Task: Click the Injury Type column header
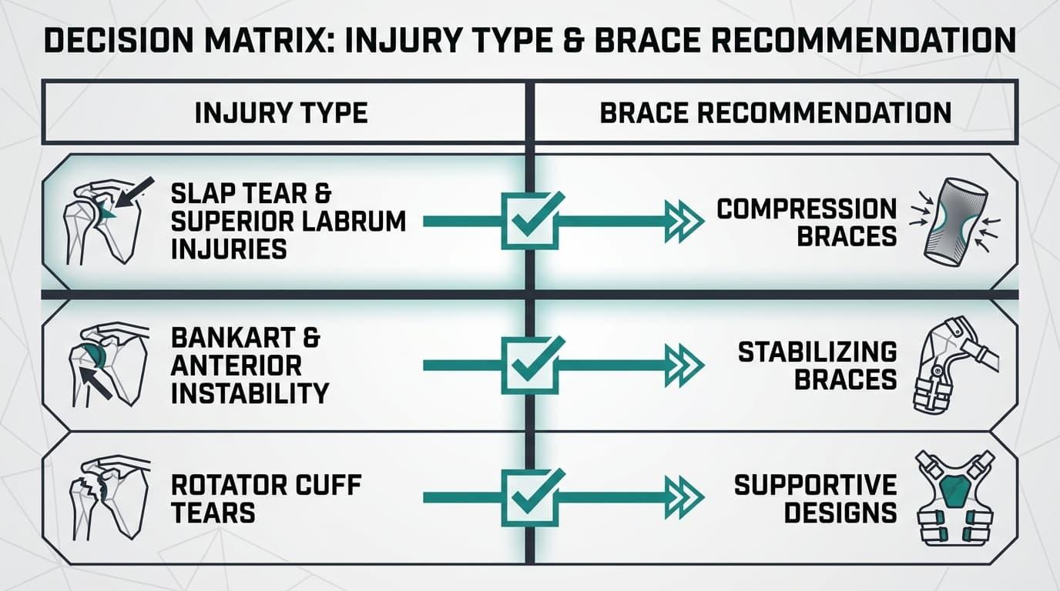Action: [x=281, y=113]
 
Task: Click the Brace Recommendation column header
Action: [x=775, y=113]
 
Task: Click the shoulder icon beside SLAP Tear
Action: [x=106, y=220]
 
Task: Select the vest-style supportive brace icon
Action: [x=953, y=498]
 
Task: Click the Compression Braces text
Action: [x=807, y=222]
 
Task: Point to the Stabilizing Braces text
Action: [x=817, y=365]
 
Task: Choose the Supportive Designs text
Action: [x=815, y=499]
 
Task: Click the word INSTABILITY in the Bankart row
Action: [x=250, y=393]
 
